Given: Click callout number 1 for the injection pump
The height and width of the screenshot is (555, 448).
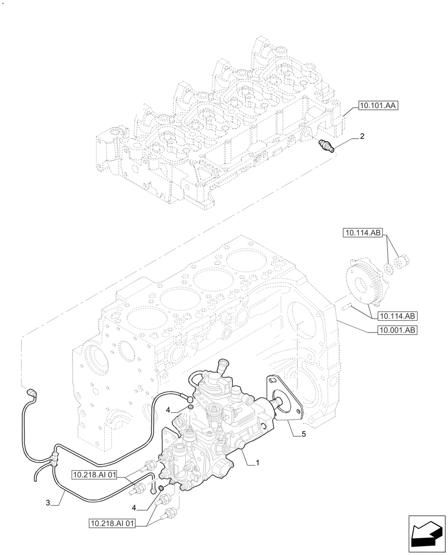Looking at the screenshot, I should [x=258, y=462].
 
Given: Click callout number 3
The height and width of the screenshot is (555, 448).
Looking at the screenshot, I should [x=48, y=503].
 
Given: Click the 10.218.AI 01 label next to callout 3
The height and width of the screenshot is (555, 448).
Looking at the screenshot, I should [x=94, y=475].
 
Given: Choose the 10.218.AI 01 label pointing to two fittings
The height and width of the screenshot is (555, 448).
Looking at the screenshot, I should [x=111, y=523].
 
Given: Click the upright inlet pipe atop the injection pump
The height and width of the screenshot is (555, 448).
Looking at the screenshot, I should [x=224, y=367].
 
